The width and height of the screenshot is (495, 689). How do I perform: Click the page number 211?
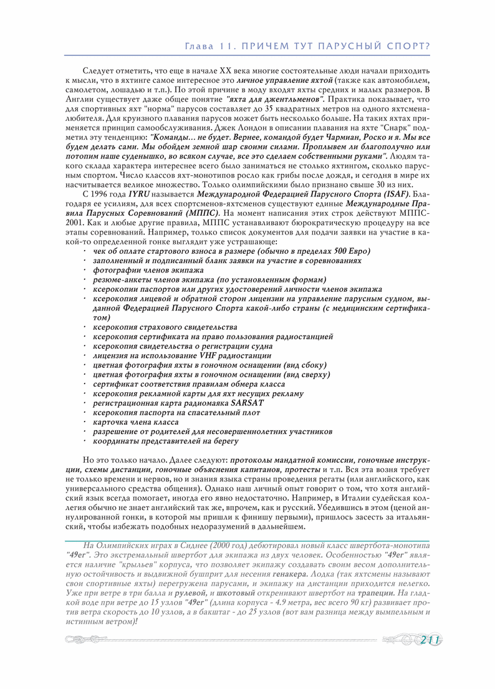[x=431, y=640]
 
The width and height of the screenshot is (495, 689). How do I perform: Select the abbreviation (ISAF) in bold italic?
[x=394, y=194]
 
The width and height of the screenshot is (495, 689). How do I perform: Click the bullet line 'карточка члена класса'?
[x=135, y=422]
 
